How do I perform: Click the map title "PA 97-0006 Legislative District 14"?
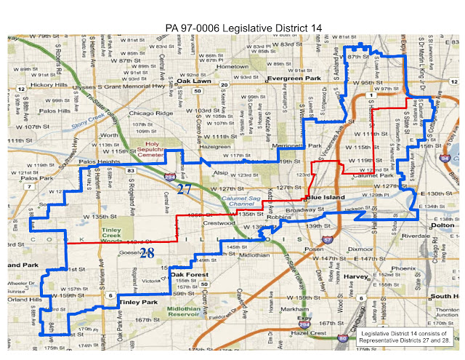[x=239, y=28]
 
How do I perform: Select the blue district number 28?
[x=147, y=252]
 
